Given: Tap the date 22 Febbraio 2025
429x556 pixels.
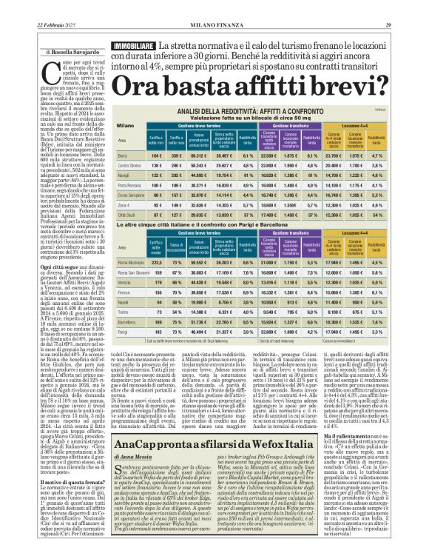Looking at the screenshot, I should pos(37,6).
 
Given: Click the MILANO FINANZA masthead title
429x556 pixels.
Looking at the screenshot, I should pos(214,6).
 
